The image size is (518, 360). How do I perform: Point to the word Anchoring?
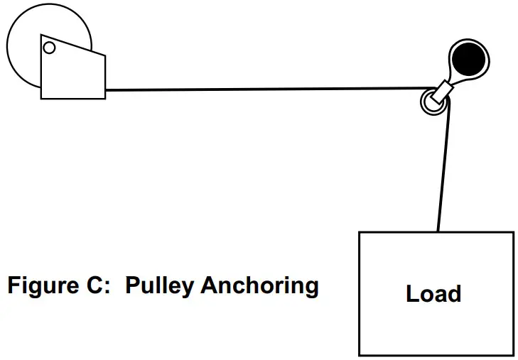[x=259, y=287]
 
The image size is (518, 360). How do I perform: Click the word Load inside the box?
[x=433, y=293]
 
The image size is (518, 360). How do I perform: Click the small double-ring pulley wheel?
[x=431, y=102]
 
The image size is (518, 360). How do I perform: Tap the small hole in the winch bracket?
[x=49, y=48]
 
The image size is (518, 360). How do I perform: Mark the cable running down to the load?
[x=443, y=170]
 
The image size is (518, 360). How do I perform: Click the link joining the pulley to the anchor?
[x=446, y=88]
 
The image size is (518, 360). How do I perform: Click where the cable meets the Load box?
[x=438, y=232]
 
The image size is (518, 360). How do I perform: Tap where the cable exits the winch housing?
[x=106, y=90]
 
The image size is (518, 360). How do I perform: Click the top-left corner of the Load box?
[x=360, y=233]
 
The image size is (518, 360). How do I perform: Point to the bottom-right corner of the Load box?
[x=513, y=354]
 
